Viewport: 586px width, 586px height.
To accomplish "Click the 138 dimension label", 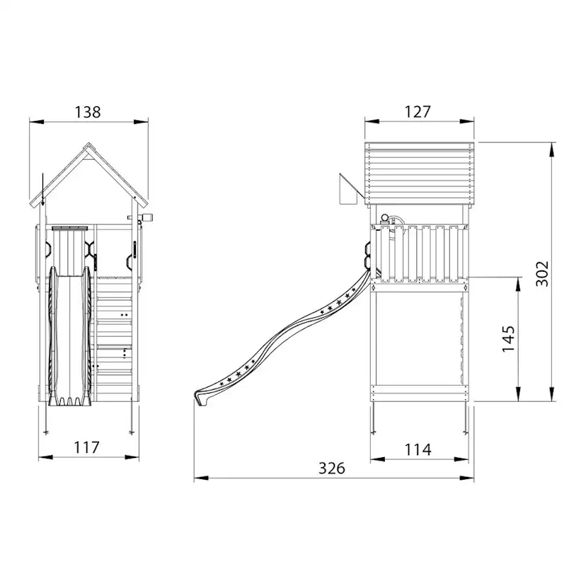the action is [x=88, y=112].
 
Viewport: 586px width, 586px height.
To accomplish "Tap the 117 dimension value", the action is [x=87, y=447].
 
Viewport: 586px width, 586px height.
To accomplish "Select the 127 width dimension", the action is [x=418, y=111].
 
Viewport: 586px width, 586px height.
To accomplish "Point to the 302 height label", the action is [x=542, y=274].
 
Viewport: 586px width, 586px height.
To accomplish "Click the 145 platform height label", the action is [x=508, y=338].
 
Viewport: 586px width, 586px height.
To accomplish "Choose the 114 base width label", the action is [x=418, y=449].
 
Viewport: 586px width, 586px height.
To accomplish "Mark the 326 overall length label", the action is [x=332, y=468].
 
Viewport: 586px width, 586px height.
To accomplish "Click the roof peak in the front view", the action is [x=88, y=144].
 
